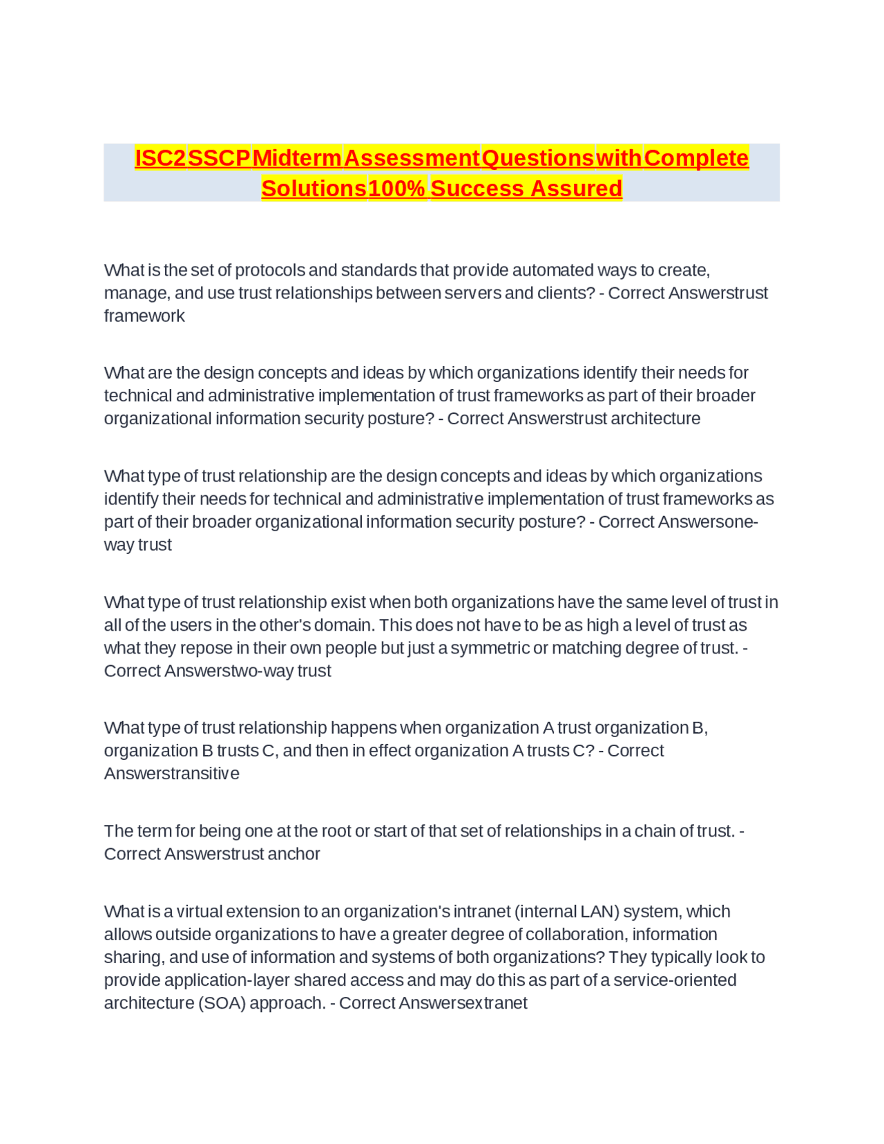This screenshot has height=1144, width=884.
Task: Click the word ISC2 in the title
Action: coord(160,158)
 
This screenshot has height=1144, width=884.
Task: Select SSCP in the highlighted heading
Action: coord(219,158)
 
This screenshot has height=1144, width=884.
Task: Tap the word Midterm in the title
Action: coord(297,158)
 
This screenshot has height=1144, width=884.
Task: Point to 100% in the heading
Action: coord(396,189)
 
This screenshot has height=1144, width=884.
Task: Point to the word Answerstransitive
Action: coord(172,774)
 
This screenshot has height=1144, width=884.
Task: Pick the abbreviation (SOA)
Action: coord(222,1003)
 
